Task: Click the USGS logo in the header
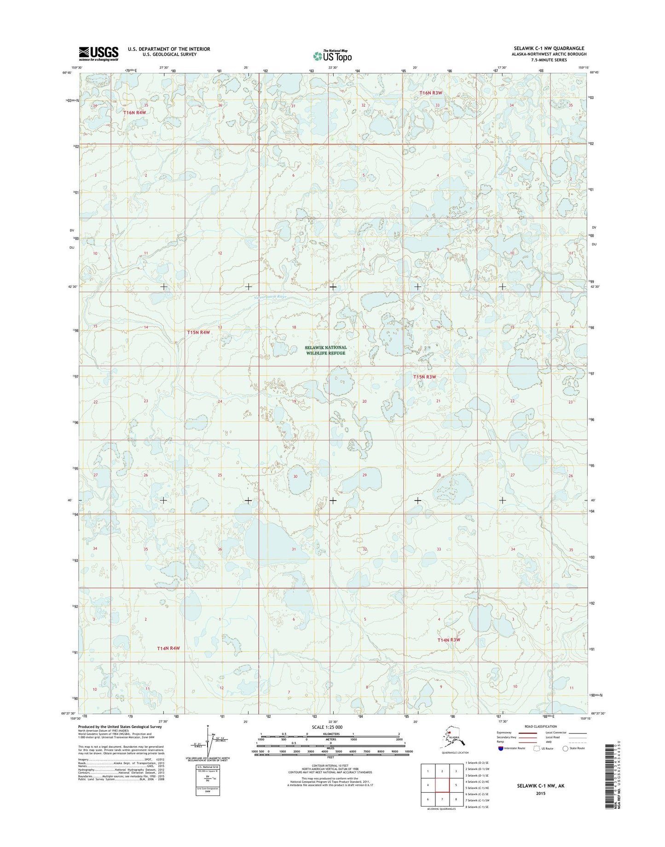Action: pyautogui.click(x=98, y=53)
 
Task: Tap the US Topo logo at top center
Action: pyautogui.click(x=332, y=56)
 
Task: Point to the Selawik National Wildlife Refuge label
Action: pyautogui.click(x=325, y=350)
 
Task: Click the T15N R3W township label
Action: pyautogui.click(x=424, y=377)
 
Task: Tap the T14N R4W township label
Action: pyautogui.click(x=168, y=648)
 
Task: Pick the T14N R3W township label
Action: pyautogui.click(x=449, y=640)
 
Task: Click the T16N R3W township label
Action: pyautogui.click(x=431, y=93)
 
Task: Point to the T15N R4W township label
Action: pyautogui.click(x=198, y=332)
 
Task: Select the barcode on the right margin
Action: pyautogui.click(x=610, y=777)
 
